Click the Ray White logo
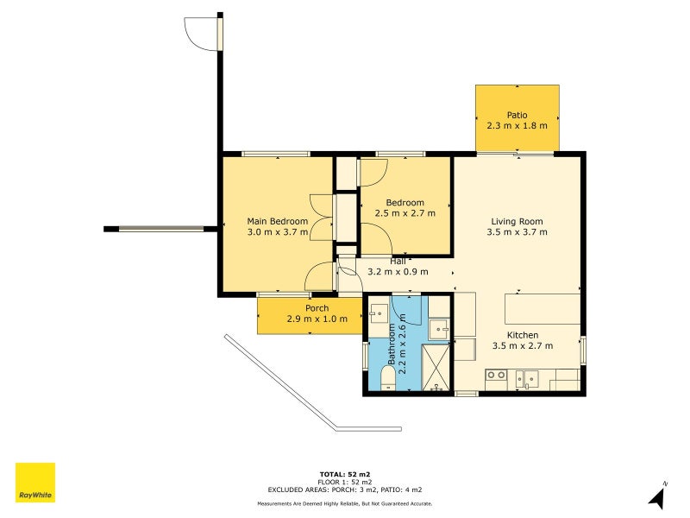tap(35, 483)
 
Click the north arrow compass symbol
tap(658, 496)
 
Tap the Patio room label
tap(517, 115)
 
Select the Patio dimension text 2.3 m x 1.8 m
tap(517, 126)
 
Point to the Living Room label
tap(517, 221)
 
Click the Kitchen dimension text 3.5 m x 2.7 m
tap(522, 346)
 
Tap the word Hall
tap(398, 261)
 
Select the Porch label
tap(317, 308)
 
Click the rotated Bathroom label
tap(391, 344)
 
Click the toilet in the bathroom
tap(387, 378)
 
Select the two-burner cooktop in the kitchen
tap(496, 376)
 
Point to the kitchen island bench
tap(543, 308)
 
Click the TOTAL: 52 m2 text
tap(344, 474)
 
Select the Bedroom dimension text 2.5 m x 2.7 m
tap(405, 213)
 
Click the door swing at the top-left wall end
tap(202, 33)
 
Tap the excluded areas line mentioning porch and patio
tap(344, 490)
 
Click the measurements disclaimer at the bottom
tap(344, 503)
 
